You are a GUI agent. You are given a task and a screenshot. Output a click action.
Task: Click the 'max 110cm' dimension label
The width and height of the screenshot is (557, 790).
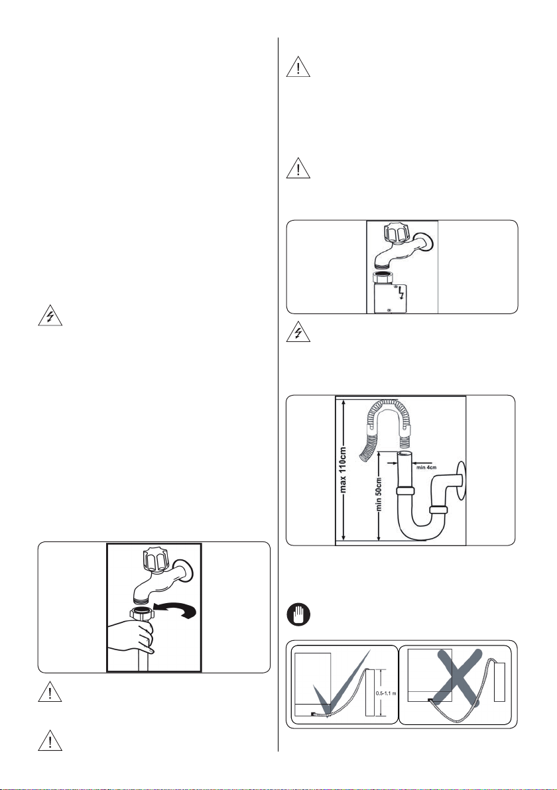click(343, 470)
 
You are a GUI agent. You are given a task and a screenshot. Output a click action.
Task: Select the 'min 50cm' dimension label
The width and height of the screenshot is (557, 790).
click(379, 494)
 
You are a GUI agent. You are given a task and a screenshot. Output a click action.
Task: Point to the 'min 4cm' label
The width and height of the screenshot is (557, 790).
click(426, 467)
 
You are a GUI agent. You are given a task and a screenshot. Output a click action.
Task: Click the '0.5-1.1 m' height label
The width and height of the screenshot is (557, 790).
click(386, 693)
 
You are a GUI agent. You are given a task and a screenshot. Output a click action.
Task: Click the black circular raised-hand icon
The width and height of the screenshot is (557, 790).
click(298, 615)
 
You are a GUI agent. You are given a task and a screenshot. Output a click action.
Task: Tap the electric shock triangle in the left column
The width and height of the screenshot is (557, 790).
click(50, 316)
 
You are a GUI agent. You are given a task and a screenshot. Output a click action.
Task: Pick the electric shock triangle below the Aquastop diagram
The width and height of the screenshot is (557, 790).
click(298, 333)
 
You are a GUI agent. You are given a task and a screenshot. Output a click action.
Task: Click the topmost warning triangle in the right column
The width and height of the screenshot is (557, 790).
click(298, 66)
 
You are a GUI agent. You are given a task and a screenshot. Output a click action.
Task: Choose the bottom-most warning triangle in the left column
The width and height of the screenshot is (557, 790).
click(50, 740)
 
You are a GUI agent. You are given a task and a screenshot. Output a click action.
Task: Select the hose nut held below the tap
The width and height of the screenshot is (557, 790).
click(142, 614)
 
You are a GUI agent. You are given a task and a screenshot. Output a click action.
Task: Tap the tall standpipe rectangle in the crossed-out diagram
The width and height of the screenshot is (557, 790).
click(499, 682)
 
